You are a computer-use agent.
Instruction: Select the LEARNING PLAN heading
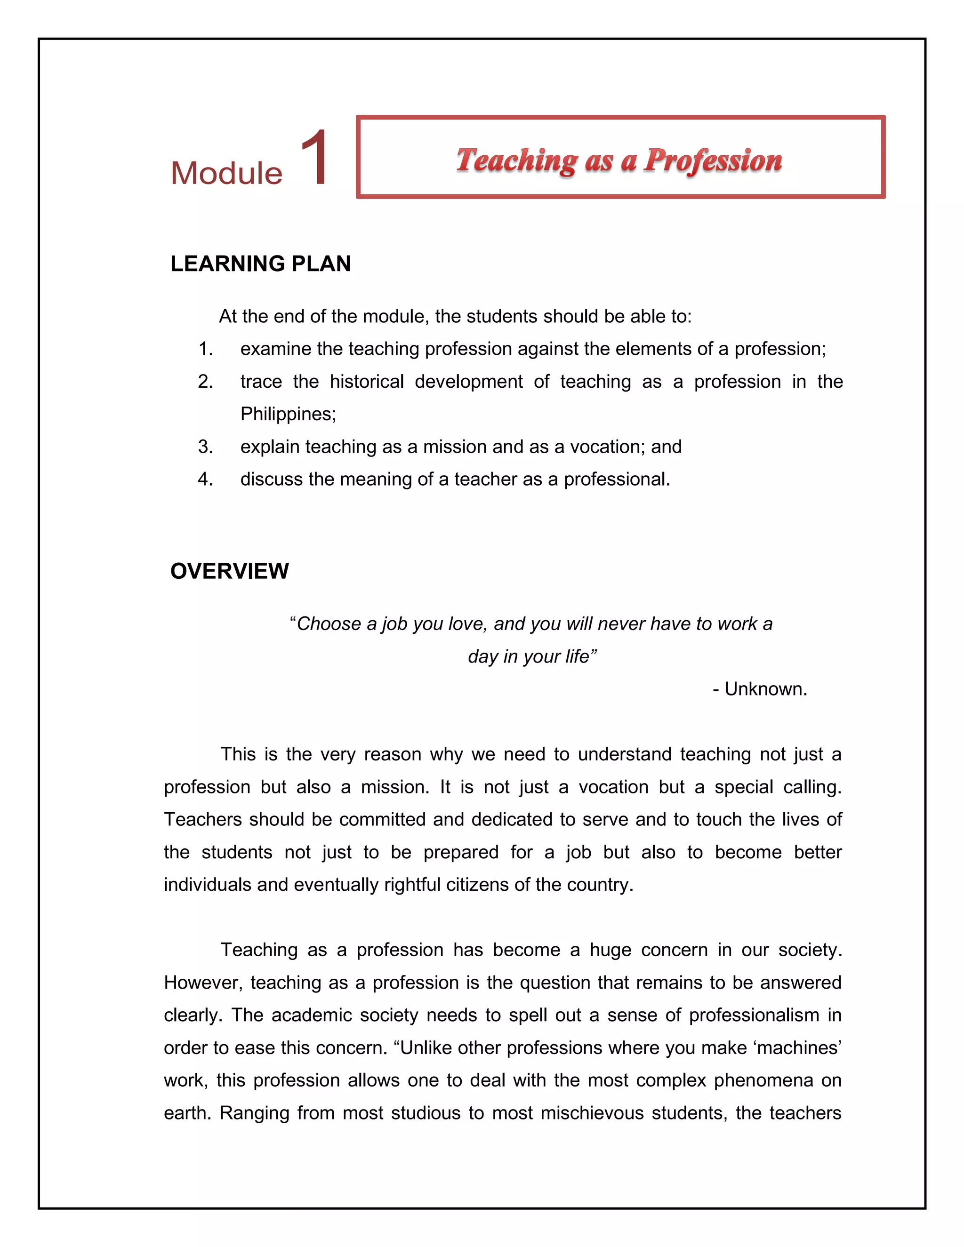click(x=260, y=264)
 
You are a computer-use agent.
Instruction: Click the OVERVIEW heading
click(x=230, y=571)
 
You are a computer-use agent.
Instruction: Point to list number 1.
click(x=206, y=349)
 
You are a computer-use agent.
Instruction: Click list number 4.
click(x=206, y=479)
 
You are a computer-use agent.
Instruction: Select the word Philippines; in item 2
click(x=289, y=414)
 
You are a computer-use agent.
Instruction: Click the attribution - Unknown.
click(x=760, y=689)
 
